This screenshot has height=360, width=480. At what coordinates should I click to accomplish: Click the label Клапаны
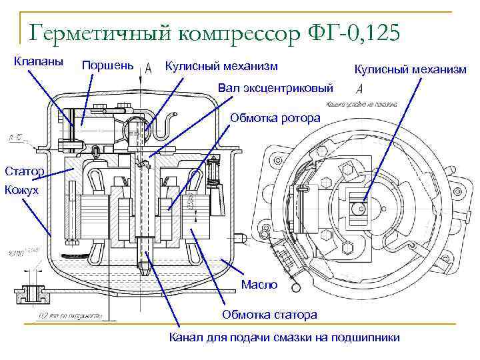pyautogui.click(x=39, y=61)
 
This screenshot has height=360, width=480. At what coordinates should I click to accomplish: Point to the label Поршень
pyautogui.click(x=107, y=65)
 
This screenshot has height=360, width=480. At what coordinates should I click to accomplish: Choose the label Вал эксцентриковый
pyautogui.click(x=275, y=87)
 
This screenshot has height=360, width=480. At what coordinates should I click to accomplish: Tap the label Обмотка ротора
pyautogui.click(x=275, y=118)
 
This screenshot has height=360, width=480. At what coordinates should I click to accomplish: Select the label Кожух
pyautogui.click(x=22, y=191)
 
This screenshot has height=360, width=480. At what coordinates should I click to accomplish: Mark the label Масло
pyautogui.click(x=259, y=285)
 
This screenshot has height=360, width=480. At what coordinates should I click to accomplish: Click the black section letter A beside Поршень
pyautogui.click(x=148, y=67)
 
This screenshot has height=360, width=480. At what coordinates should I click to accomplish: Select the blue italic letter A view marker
pyautogui.click(x=360, y=89)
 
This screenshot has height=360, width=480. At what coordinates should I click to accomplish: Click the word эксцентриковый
pyautogui.click(x=295, y=87)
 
